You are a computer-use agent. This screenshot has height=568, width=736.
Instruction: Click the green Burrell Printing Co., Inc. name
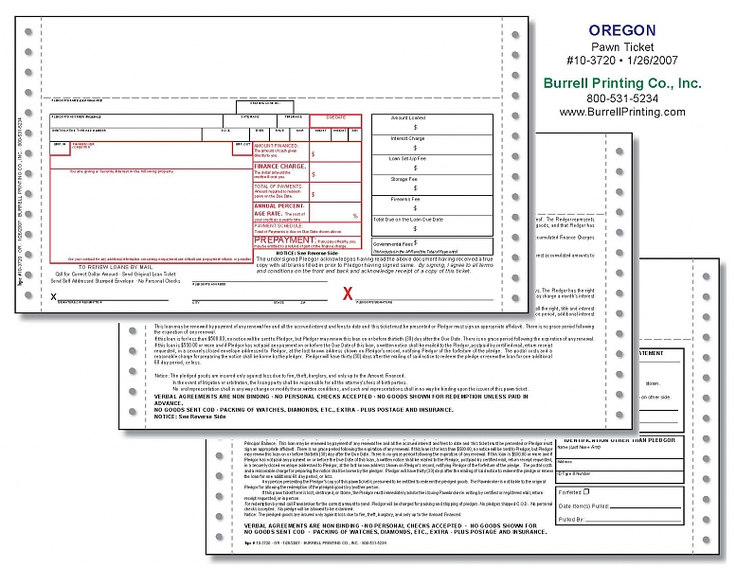[x=622, y=82]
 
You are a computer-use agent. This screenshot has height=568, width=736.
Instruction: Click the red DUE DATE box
[x=335, y=118]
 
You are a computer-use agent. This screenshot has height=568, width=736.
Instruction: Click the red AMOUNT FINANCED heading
[x=276, y=147]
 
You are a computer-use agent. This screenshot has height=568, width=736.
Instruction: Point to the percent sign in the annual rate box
[x=355, y=217]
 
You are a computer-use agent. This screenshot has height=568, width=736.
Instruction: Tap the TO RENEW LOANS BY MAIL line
[x=89, y=269]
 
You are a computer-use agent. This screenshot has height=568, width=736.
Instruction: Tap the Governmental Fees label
[x=392, y=243]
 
